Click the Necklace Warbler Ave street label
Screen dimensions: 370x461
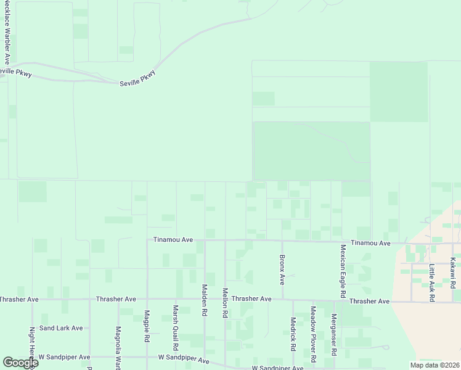point(7,31)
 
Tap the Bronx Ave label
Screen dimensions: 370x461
point(282,269)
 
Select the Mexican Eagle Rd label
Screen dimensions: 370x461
point(343,269)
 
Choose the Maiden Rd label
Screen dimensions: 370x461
point(203,300)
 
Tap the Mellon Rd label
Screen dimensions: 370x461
point(225,303)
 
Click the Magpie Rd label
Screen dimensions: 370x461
point(147,327)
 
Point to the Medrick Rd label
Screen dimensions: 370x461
point(293,334)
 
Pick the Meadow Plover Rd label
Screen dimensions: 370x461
point(313,334)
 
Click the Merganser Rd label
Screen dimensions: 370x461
point(333,334)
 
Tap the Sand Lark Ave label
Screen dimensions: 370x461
point(60,328)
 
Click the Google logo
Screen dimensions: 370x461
point(20,362)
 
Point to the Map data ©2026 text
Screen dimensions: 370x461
point(434,365)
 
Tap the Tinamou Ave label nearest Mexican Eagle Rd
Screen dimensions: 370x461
point(370,244)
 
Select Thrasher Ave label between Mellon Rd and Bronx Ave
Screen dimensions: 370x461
point(251,299)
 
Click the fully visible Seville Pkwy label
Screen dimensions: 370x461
point(137,78)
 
